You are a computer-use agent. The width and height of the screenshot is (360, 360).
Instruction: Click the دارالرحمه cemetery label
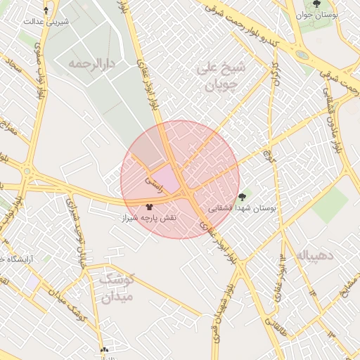(91, 63)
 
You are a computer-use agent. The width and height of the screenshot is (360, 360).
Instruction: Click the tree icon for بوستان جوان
(316, 4)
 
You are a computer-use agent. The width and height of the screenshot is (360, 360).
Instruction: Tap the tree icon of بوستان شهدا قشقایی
(243, 198)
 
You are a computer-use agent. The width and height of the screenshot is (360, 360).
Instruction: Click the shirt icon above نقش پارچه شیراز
(148, 207)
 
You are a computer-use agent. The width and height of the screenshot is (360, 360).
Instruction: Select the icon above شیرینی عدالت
(46, 11)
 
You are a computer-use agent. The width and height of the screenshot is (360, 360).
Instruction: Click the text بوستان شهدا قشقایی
(244, 209)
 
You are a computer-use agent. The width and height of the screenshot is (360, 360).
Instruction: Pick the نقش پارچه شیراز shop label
(150, 219)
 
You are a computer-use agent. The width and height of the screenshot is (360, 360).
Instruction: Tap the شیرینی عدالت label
(46, 21)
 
